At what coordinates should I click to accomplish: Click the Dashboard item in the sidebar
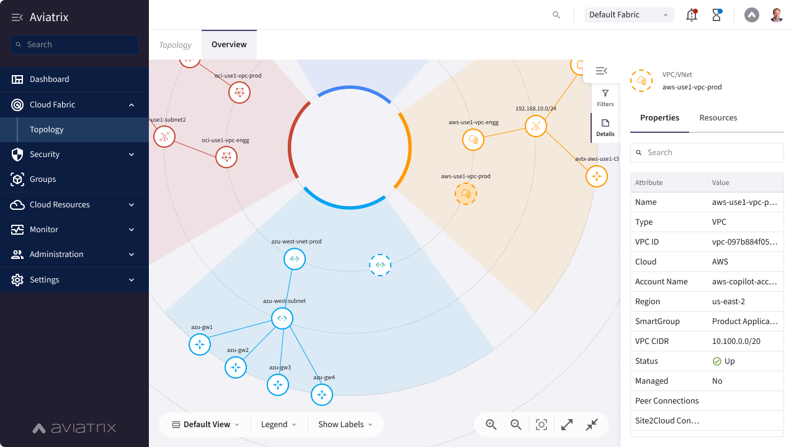click(49, 79)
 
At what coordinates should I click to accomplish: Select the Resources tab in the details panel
click(718, 118)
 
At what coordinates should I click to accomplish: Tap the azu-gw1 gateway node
click(200, 345)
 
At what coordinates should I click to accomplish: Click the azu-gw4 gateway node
click(322, 394)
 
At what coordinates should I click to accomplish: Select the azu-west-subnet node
click(282, 318)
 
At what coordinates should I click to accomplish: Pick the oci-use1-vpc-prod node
click(239, 93)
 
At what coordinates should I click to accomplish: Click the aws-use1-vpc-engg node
click(473, 140)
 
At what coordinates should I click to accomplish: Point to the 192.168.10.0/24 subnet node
click(535, 126)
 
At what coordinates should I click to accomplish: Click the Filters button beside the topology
click(605, 98)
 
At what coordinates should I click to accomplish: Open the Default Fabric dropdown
click(629, 15)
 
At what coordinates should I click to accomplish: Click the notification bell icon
click(692, 15)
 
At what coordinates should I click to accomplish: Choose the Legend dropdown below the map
click(279, 425)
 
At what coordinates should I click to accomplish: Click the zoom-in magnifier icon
click(491, 424)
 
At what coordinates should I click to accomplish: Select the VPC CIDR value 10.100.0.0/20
click(736, 341)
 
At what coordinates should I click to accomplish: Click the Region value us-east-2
click(728, 302)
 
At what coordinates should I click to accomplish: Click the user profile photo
click(777, 15)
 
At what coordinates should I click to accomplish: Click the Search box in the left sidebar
click(74, 45)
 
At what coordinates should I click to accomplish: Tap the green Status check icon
click(716, 361)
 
